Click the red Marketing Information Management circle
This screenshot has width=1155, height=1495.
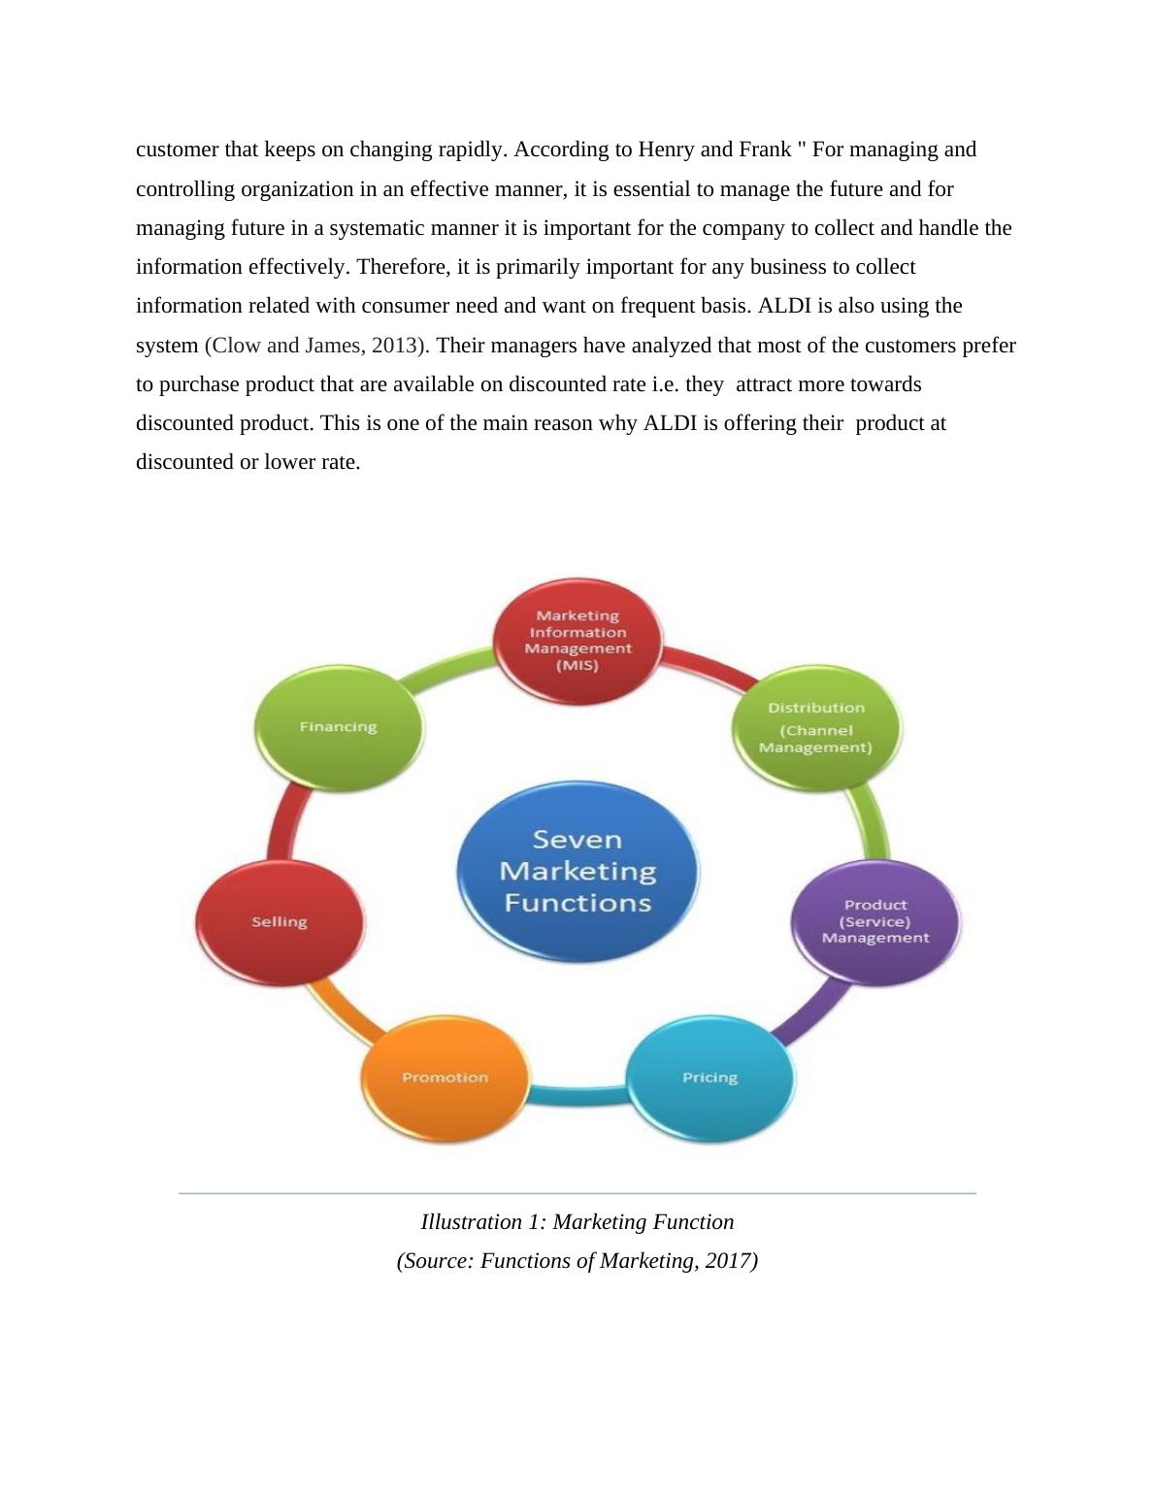pyautogui.click(x=577, y=642)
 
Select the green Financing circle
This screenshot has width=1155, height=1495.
pyautogui.click(x=338, y=727)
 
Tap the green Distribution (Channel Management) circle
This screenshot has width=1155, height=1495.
pyautogui.click(x=815, y=727)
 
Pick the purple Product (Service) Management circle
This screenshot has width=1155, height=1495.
pyautogui.click(x=875, y=921)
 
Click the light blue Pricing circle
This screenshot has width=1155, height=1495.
pyautogui.click(x=709, y=1078)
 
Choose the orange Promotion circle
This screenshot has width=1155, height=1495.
pyautogui.click(x=445, y=1078)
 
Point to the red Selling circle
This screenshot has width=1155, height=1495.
pyautogui.click(x=280, y=921)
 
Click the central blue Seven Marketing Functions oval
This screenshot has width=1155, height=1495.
pyautogui.click(x=577, y=871)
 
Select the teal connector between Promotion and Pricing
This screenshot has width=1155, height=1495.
pyautogui.click(x=577, y=1098)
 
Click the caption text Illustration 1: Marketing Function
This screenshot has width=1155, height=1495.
pyautogui.click(x=577, y=1222)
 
